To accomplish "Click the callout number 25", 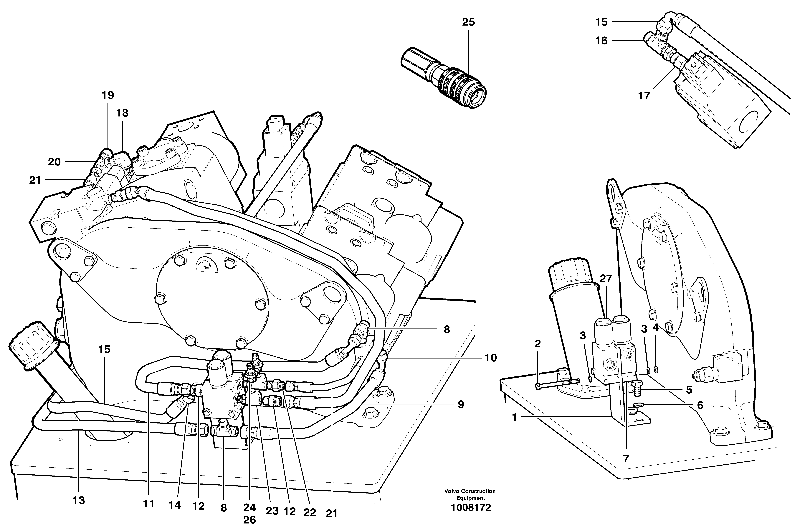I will pyautogui.click(x=468, y=22).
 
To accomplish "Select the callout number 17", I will pyautogui.click(x=644, y=96).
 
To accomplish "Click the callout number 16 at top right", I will pyautogui.click(x=601, y=41).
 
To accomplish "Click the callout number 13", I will pyautogui.click(x=79, y=500).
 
